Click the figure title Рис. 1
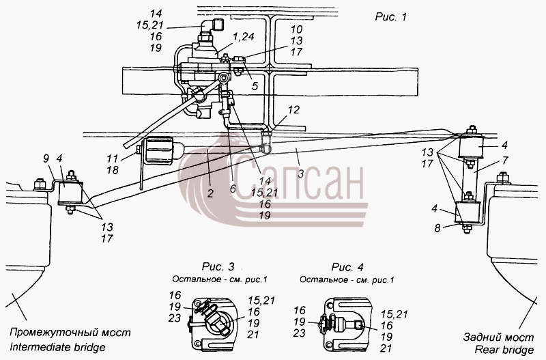tap(390, 16)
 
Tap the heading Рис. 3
tap(218, 267)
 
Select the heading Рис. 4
tap(347, 267)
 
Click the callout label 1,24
tap(244, 36)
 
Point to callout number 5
tap(255, 86)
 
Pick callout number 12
tap(293, 110)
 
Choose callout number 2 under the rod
tap(210, 193)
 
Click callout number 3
tap(300, 174)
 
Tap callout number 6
tap(233, 189)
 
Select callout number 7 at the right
tap(505, 161)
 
